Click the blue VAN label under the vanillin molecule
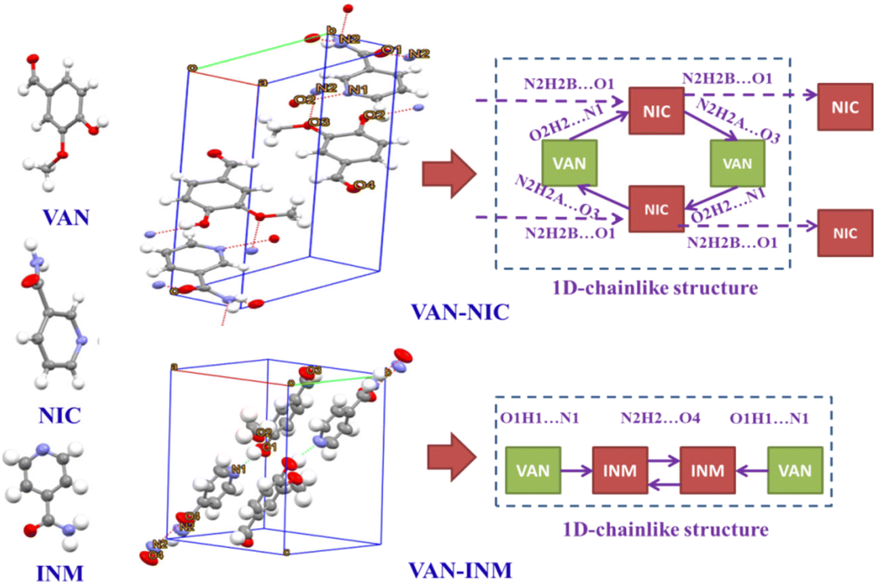click(66, 217)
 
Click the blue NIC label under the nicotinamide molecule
click(59, 415)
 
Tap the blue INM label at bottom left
click(59, 573)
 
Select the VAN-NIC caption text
click(460, 312)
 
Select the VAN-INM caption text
click(460, 570)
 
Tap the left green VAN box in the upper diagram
click(569, 163)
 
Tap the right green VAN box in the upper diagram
click(737, 163)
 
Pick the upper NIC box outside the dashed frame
click(845, 107)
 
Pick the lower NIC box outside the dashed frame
click(845, 233)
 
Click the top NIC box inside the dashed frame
click(656, 111)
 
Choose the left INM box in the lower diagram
click(620, 470)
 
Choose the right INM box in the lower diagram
click(707, 470)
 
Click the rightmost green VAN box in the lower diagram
click(794, 470)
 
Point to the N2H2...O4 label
click(660, 419)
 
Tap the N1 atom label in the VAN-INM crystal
click(238, 469)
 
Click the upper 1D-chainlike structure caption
click(655, 288)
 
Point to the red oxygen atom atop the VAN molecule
click(33, 59)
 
